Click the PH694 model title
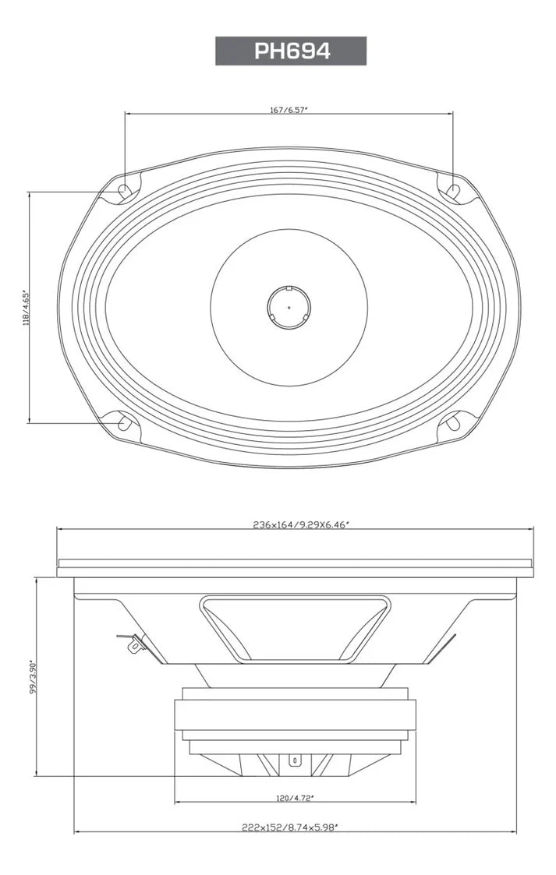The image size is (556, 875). (x=291, y=51)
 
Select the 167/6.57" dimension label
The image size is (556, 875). (x=289, y=110)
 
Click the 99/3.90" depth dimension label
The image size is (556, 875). (x=33, y=678)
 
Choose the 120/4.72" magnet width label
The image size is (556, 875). (x=295, y=798)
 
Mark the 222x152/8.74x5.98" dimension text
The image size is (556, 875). (x=295, y=827)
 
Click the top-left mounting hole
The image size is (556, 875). (x=123, y=189)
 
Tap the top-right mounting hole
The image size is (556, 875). (x=453, y=189)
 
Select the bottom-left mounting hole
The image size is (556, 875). (x=123, y=423)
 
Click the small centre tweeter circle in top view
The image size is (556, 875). (x=289, y=307)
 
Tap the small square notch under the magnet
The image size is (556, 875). (x=295, y=760)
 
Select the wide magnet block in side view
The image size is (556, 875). (x=295, y=714)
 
